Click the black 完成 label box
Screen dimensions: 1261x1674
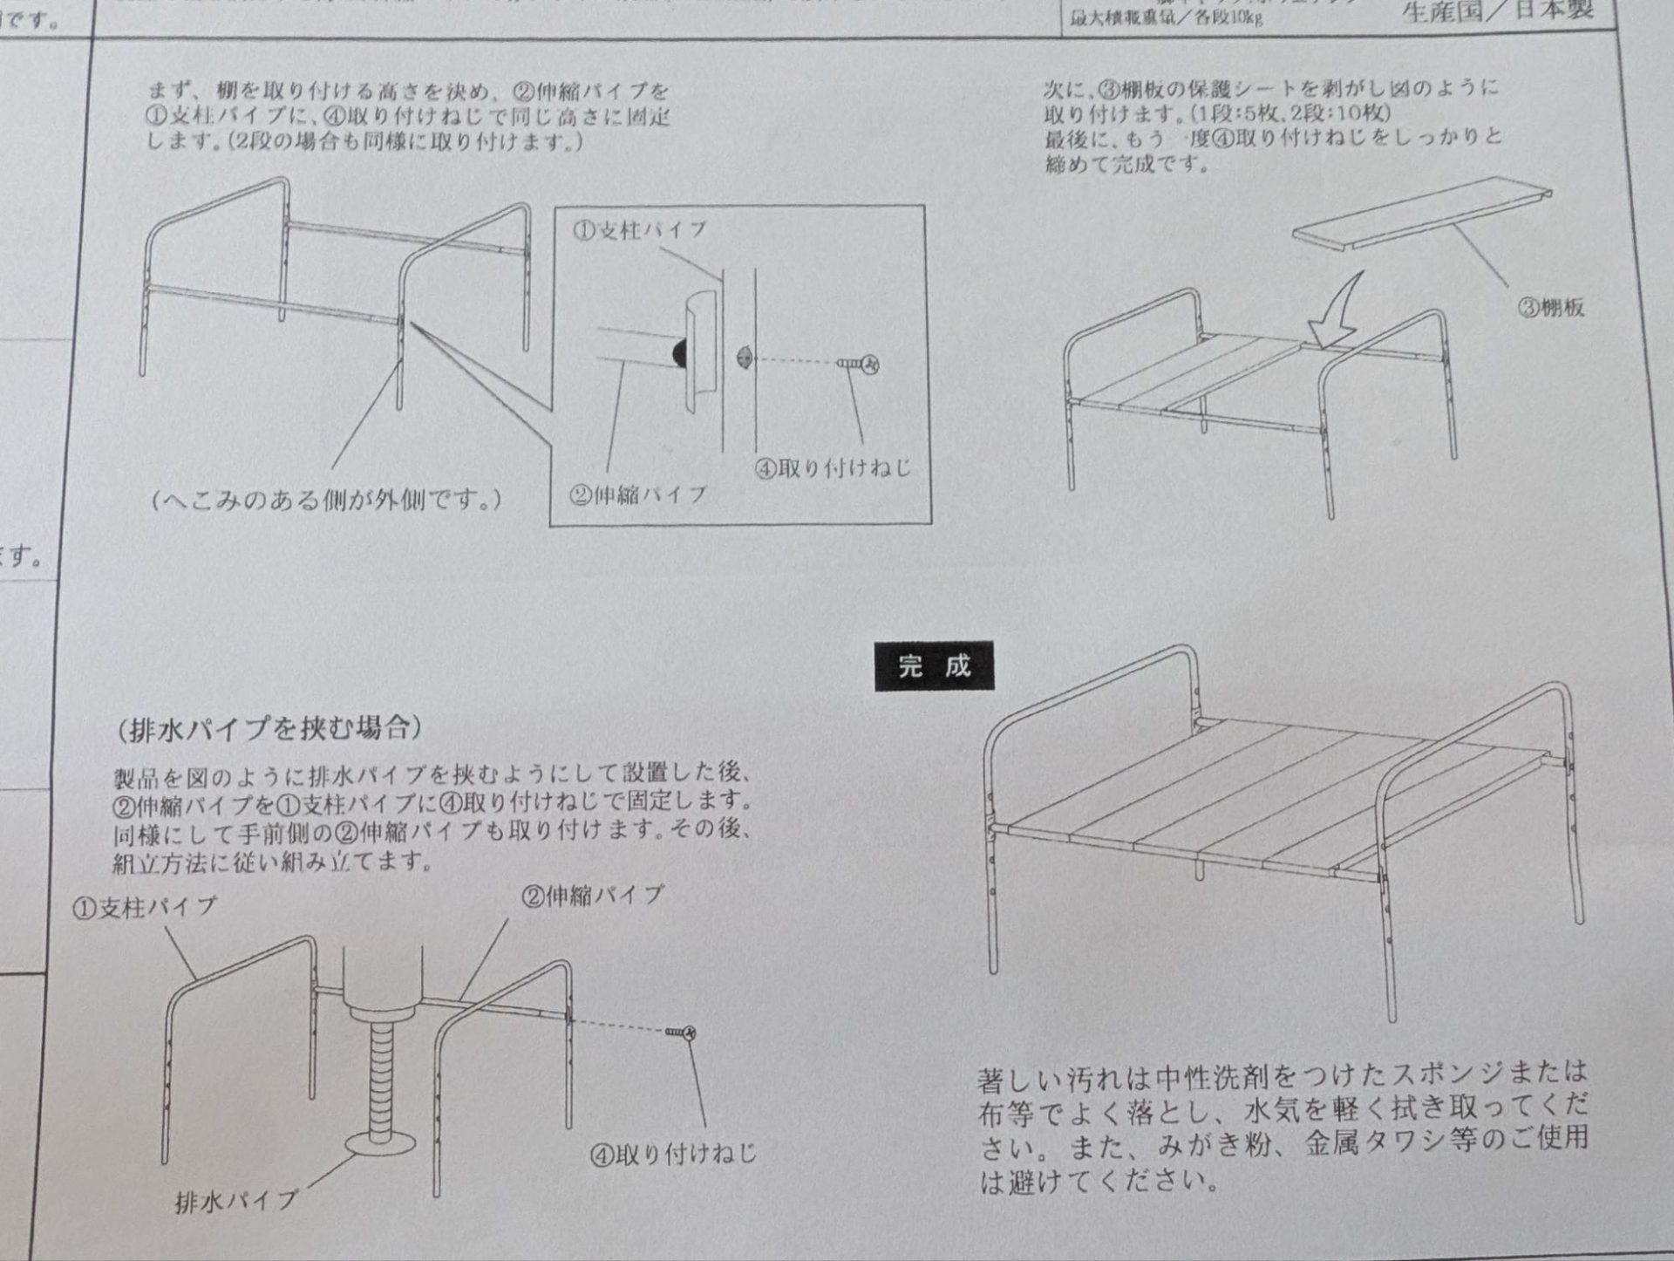(934, 667)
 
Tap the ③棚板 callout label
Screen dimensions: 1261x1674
(1551, 308)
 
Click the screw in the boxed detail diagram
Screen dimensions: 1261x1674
(859, 364)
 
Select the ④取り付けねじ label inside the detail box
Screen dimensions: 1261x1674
(833, 468)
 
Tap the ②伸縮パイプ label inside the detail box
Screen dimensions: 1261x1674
(638, 495)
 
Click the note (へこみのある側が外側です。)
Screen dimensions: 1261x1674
(327, 500)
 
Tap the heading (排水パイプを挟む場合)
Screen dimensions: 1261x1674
(270, 728)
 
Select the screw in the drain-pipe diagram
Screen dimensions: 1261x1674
(681, 1033)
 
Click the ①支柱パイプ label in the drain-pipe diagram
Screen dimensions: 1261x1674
(144, 908)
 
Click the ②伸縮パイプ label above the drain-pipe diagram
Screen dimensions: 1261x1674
(593, 896)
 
